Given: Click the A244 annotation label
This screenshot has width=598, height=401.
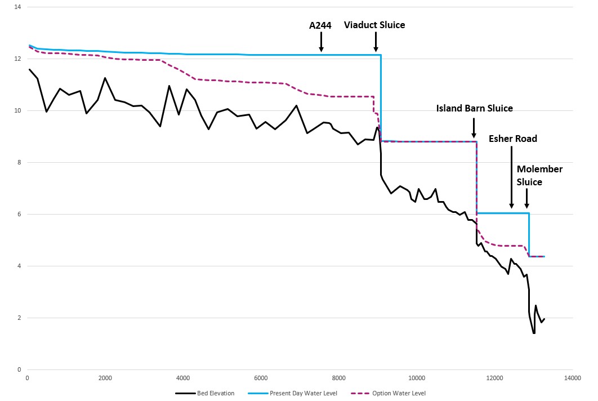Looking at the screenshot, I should pos(320,25).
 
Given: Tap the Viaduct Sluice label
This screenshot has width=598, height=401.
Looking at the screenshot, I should pos(374,25).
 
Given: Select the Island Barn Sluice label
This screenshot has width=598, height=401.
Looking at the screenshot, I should pos(474,108).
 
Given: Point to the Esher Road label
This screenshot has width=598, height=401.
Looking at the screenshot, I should pos(512,139).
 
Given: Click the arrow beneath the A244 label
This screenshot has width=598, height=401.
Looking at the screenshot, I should pos(321,42).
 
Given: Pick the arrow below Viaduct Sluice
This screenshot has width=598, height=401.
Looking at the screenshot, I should pos(376,42).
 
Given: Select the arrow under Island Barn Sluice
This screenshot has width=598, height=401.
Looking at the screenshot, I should pos(474,128).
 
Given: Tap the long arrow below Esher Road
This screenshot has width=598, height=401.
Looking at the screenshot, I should pos(511,177).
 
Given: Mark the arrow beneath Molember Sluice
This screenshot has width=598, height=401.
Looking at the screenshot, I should pos(526,198).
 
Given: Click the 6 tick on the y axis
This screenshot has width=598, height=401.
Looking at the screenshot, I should pos(19,215).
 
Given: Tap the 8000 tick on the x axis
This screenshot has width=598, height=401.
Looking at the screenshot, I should pos(338,378).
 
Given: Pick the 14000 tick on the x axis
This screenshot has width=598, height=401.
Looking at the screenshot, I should pos(572,378).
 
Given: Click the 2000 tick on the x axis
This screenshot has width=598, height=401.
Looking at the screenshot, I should pos(105,378).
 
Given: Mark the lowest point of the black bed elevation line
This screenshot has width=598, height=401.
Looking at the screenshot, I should pos(533,333).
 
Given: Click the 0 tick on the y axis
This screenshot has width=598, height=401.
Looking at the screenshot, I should pos(19,370).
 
